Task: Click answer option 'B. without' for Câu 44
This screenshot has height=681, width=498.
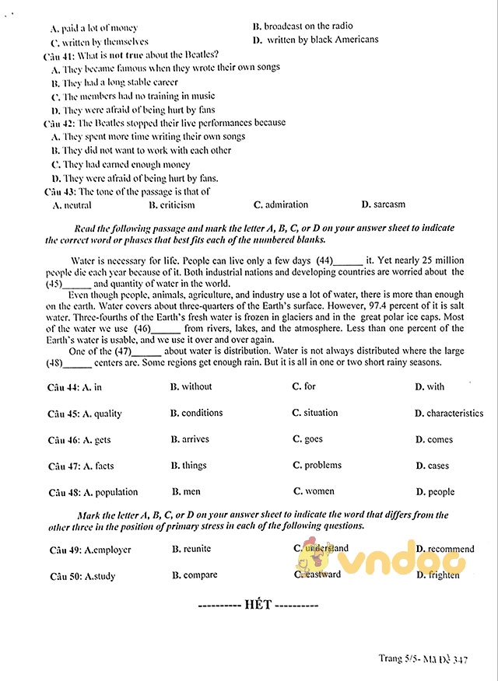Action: pyautogui.click(x=191, y=386)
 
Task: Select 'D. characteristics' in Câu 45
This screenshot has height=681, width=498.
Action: pyautogui.click(x=449, y=414)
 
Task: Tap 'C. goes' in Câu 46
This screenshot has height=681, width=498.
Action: pyautogui.click(x=307, y=439)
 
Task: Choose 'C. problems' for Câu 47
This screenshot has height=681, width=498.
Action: pyautogui.click(x=317, y=465)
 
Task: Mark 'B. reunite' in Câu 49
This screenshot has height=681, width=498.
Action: pyautogui.click(x=191, y=549)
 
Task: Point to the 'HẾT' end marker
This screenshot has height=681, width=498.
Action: pyautogui.click(x=258, y=605)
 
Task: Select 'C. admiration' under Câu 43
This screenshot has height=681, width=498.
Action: pyautogui.click(x=281, y=205)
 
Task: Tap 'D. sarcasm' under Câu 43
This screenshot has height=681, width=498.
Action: pyautogui.click(x=384, y=205)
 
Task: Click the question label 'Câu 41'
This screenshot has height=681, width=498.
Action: pyautogui.click(x=59, y=54)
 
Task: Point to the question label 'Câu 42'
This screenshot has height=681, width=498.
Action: pyautogui.click(x=59, y=123)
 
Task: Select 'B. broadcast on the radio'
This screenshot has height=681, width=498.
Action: pyautogui.click(x=303, y=26)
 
